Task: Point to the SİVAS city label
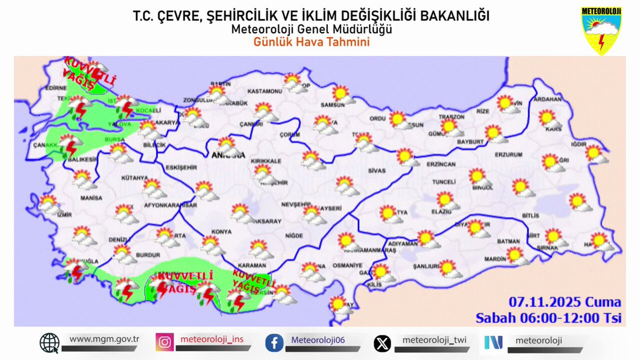(376, 171)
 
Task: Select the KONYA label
(221, 231)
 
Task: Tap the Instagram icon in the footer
(164, 342)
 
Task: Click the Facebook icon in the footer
(274, 342)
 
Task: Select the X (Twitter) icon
(382, 342)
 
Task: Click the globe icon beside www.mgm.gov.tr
(50, 342)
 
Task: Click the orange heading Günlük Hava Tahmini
(311, 42)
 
